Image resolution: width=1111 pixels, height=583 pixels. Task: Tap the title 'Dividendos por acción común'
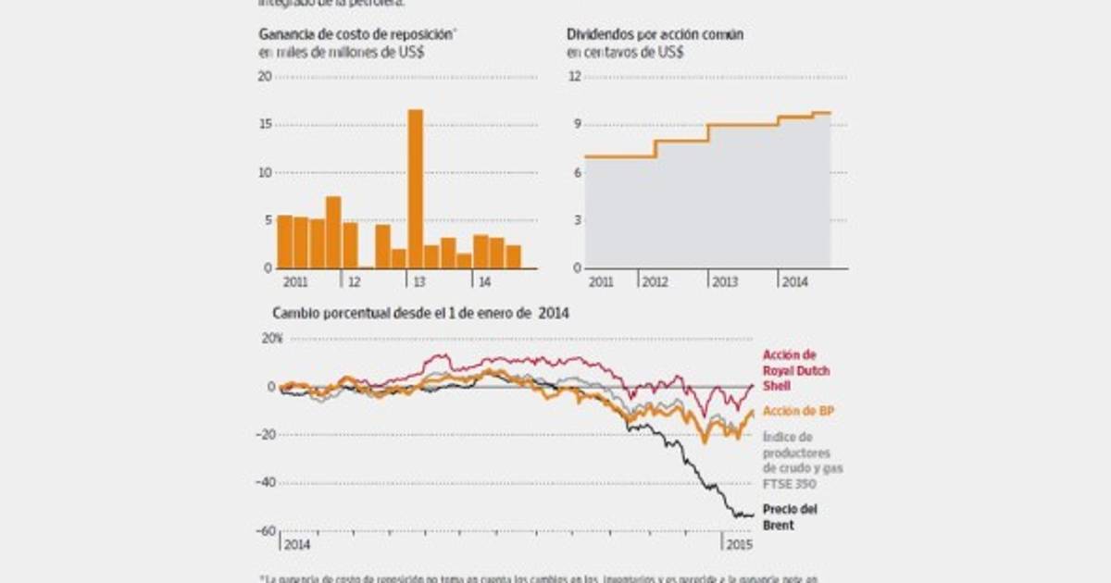[x=655, y=35]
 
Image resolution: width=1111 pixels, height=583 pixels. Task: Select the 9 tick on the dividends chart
[x=575, y=125]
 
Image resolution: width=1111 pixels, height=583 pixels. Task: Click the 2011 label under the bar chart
[x=294, y=281]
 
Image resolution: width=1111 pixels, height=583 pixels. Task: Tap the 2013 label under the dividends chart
[x=724, y=281]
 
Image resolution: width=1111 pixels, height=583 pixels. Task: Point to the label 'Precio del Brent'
[x=790, y=516]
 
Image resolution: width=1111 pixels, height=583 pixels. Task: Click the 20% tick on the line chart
[x=272, y=339]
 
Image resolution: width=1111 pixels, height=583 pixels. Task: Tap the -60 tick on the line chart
[x=268, y=531]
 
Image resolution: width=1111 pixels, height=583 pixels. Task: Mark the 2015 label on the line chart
[x=736, y=544]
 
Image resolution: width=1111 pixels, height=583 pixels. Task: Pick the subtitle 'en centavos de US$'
[x=626, y=53]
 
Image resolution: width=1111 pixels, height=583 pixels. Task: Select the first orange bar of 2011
[x=284, y=242]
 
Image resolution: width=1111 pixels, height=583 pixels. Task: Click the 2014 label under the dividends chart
[x=794, y=281]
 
